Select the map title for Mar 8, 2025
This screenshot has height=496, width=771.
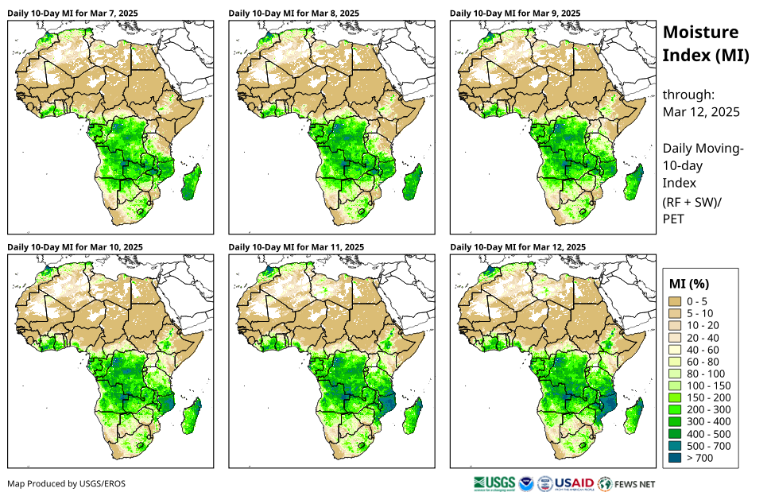pos(293,14)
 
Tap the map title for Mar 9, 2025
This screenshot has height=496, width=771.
pos(515,14)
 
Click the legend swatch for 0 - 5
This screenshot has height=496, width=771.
pos(676,301)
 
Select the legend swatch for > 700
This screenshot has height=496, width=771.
pos(676,458)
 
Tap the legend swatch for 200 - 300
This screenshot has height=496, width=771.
pos(676,409)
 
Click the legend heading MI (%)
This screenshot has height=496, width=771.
pos(689,283)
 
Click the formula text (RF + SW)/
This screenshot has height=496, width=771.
pos(692,202)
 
